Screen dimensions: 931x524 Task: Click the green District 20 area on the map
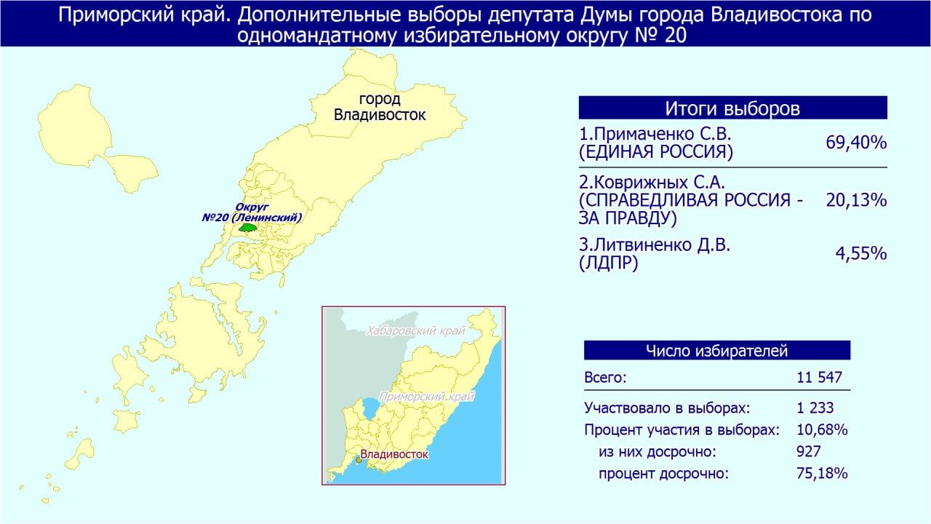click(248, 228)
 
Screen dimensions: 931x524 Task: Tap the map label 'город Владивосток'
click(380, 107)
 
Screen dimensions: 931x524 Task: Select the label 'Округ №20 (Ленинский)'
click(252, 213)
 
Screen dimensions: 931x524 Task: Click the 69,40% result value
click(856, 143)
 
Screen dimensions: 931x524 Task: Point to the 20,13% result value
click(856, 200)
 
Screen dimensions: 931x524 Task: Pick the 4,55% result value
click(860, 253)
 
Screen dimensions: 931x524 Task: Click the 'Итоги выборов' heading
click(732, 108)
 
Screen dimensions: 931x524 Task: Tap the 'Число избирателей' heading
click(717, 351)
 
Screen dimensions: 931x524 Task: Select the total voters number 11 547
click(819, 377)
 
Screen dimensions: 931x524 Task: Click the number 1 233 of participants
click(815, 408)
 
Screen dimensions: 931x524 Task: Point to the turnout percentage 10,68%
click(822, 429)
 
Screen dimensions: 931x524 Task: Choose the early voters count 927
click(809, 452)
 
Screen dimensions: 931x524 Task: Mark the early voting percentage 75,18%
click(822, 473)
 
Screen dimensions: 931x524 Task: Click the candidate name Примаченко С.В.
click(655, 134)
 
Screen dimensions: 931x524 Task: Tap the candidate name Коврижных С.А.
click(652, 183)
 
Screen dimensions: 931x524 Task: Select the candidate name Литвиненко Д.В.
click(655, 245)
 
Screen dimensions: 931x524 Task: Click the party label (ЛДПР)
click(608, 263)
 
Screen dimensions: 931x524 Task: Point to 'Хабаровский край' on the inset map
click(415, 331)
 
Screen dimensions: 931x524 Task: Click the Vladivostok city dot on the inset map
click(359, 461)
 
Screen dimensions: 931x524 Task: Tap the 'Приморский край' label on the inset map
click(427, 397)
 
